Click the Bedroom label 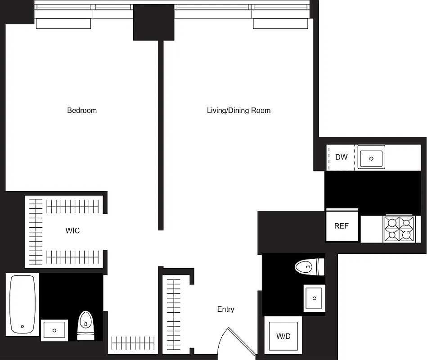[x=82, y=110]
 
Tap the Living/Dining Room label [x=238, y=110]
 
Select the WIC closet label [x=72, y=231]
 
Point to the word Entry [x=225, y=309]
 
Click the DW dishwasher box [x=341, y=157]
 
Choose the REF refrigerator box [x=342, y=226]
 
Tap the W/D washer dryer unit [x=283, y=336]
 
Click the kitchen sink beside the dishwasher [x=371, y=158]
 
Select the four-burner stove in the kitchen [x=399, y=229]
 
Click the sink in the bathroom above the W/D [x=314, y=298]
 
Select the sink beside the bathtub [x=54, y=330]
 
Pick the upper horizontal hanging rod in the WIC [x=72, y=207]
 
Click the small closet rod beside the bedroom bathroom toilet [x=133, y=343]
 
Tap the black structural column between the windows [x=153, y=22]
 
